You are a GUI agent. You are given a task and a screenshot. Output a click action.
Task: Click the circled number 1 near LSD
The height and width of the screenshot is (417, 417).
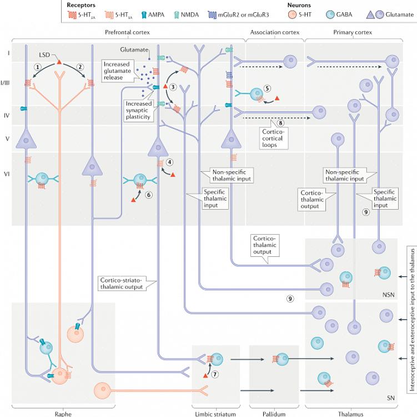click(37, 67)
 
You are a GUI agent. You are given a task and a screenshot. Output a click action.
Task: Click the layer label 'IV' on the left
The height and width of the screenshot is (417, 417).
click(8, 116)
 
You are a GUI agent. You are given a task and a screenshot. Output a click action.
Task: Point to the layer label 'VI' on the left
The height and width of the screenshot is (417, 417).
click(8, 173)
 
